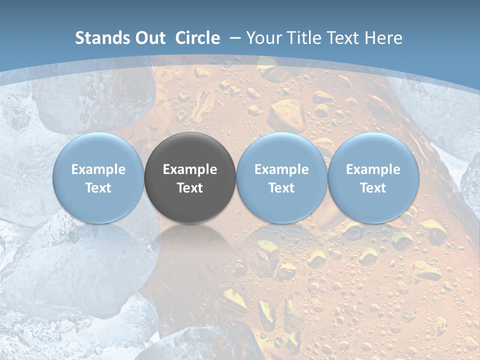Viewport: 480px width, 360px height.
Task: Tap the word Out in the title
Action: tap(149, 38)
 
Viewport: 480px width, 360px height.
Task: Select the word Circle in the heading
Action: tap(197, 38)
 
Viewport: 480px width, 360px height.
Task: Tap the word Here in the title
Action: tap(384, 38)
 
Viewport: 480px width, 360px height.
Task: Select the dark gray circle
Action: tap(190, 178)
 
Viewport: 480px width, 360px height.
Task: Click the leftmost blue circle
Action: tap(98, 178)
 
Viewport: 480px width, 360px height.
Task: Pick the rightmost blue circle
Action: tap(373, 178)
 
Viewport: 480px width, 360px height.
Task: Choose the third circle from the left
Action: tap(281, 178)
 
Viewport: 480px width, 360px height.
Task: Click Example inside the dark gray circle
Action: tap(190, 169)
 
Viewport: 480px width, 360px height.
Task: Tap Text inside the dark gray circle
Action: tap(190, 188)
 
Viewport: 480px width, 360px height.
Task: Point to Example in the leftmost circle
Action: tap(98, 169)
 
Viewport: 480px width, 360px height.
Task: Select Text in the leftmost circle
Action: tap(98, 188)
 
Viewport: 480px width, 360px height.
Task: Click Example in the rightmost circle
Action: tap(373, 169)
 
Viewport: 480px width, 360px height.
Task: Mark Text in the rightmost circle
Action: tap(373, 188)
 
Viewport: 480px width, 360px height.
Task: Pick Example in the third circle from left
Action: tap(281, 169)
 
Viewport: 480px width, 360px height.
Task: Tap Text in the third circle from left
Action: tap(281, 188)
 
